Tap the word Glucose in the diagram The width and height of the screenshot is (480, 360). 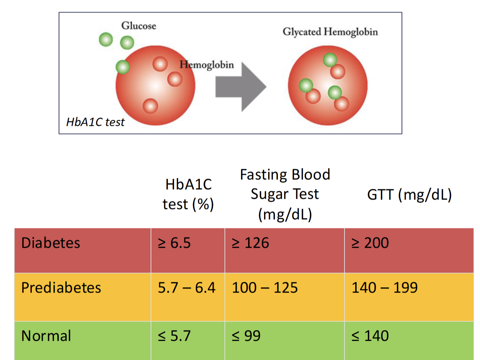[138, 26]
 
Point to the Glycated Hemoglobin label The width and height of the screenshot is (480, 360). [330, 32]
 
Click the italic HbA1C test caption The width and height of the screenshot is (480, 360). [95, 122]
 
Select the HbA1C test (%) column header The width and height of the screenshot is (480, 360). [188, 194]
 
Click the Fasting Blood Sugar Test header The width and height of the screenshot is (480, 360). [285, 194]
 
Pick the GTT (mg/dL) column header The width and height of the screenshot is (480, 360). [409, 196]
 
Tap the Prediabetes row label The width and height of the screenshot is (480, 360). [61, 288]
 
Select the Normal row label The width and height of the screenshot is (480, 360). [46, 336]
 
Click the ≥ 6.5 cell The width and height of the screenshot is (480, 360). [174, 243]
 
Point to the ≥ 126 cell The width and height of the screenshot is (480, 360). [250, 243]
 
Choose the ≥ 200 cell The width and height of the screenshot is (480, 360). [370, 243]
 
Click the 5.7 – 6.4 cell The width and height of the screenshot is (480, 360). [187, 288]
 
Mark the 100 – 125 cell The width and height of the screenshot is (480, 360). [264, 288]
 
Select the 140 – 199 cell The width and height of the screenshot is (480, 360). [384, 288]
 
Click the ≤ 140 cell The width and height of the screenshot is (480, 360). [370, 336]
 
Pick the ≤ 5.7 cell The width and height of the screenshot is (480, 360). [174, 336]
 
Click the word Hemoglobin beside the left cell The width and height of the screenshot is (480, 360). [207, 64]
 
